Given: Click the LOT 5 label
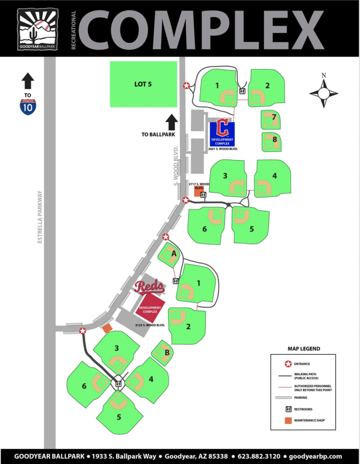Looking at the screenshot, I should pyautogui.click(x=143, y=84).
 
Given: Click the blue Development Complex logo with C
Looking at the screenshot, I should pyautogui.click(x=222, y=134).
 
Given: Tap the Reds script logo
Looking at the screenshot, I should pyautogui.click(x=149, y=286).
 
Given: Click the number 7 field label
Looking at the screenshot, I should pyautogui.click(x=274, y=116).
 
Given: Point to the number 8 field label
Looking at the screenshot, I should pyautogui.click(x=274, y=140).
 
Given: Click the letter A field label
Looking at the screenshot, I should pyautogui.click(x=173, y=253).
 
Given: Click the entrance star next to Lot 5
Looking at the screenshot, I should pyautogui.click(x=186, y=85).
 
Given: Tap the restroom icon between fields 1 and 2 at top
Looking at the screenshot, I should pyautogui.click(x=243, y=91).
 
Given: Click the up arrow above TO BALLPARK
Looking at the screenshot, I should pyautogui.click(x=171, y=121).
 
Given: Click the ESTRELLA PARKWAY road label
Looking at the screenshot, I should pyautogui.click(x=40, y=217).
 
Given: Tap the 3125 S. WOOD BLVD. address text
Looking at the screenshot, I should pyautogui.click(x=150, y=325).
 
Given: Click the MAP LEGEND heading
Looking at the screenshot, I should pyautogui.click(x=304, y=349).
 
